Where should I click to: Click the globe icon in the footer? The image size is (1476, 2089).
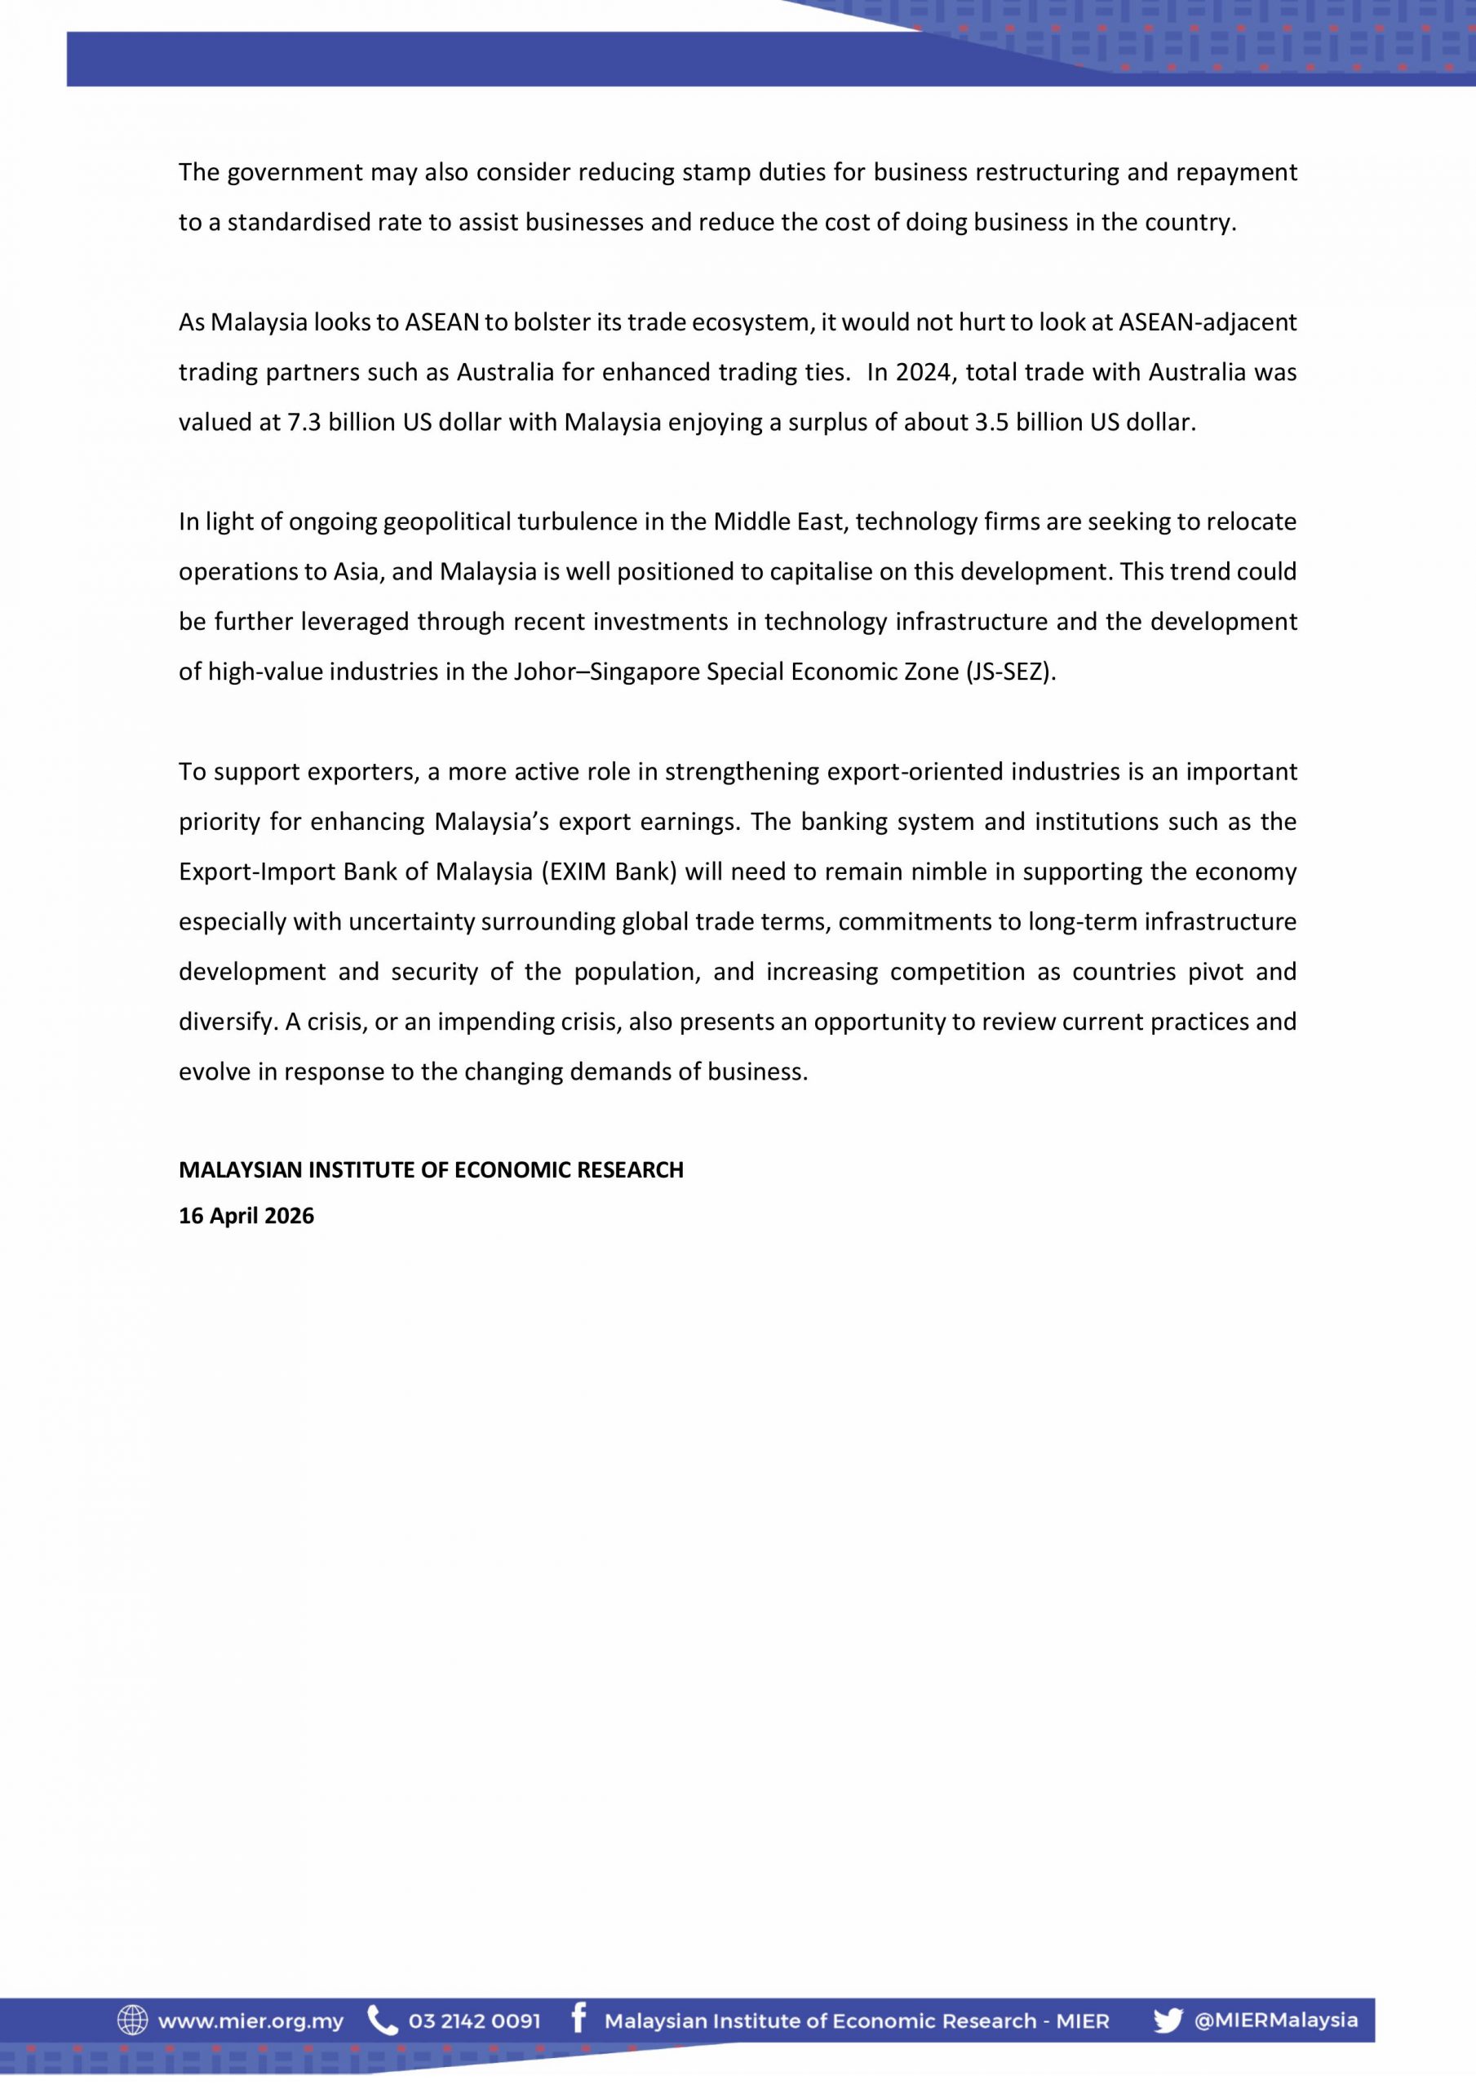[132, 2020]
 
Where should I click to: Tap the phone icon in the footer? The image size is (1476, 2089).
[382, 2020]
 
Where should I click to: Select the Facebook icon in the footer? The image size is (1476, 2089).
[578, 2019]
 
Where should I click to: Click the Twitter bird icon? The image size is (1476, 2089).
[1168, 2020]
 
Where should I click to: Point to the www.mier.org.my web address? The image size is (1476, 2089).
[251, 2021]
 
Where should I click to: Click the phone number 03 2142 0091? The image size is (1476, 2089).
[474, 2021]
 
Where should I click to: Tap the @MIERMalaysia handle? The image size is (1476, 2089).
[1276, 2020]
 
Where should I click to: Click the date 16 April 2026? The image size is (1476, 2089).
[246, 1216]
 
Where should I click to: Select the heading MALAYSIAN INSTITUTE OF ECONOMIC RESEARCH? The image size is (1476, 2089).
[431, 1169]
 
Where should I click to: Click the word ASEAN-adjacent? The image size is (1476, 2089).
[1207, 322]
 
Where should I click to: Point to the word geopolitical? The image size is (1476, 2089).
[447, 521]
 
